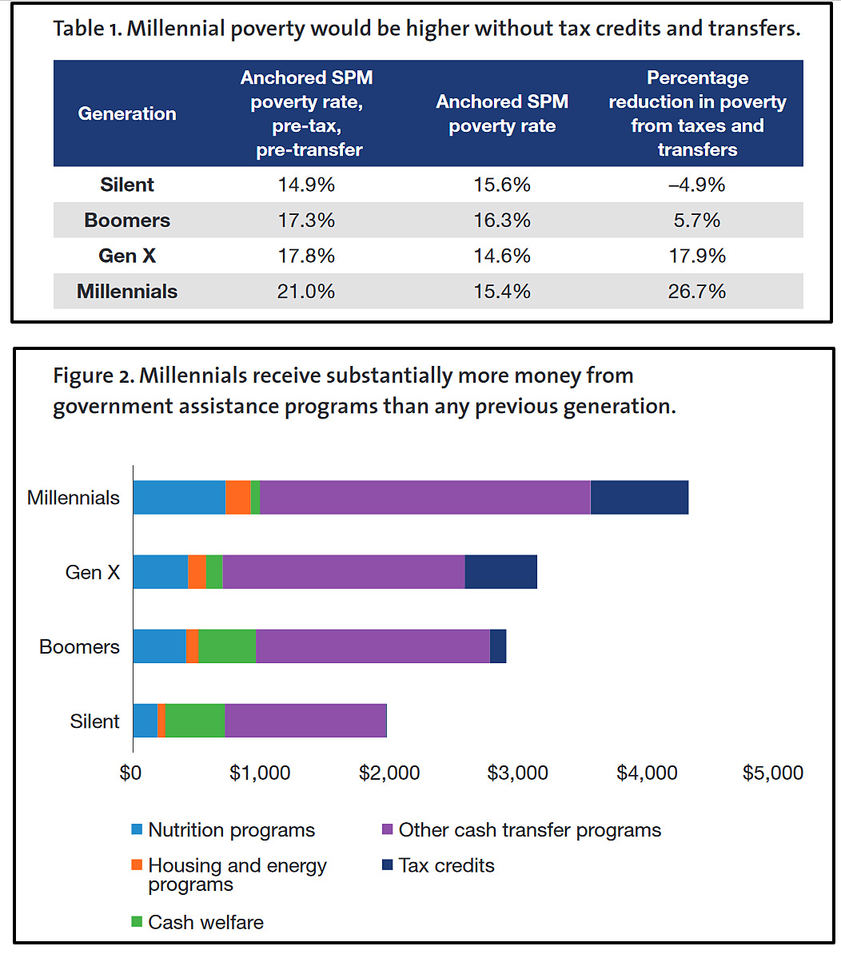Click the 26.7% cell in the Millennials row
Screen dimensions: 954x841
(x=696, y=292)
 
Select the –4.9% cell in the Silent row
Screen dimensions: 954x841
(x=696, y=185)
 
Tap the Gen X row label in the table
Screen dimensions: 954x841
(x=127, y=256)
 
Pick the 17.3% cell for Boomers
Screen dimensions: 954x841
(x=306, y=221)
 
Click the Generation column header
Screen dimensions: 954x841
(x=127, y=113)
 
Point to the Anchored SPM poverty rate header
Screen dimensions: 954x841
(x=502, y=113)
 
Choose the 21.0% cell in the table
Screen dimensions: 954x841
(x=306, y=292)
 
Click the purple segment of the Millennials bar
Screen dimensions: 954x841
(x=424, y=498)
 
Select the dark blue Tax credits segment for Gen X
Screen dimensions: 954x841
(x=500, y=572)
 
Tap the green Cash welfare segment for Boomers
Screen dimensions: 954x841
(x=226, y=646)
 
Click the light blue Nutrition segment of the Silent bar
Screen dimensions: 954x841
(x=145, y=721)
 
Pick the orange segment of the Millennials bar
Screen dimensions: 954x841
(x=237, y=498)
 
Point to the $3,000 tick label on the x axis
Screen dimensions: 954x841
(x=518, y=773)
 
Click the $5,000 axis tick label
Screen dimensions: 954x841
(x=773, y=773)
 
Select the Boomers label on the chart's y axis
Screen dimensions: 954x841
(x=79, y=646)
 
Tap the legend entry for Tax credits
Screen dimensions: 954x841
(x=446, y=865)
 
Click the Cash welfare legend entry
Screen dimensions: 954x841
(x=205, y=922)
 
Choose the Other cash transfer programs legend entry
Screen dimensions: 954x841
(x=529, y=830)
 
